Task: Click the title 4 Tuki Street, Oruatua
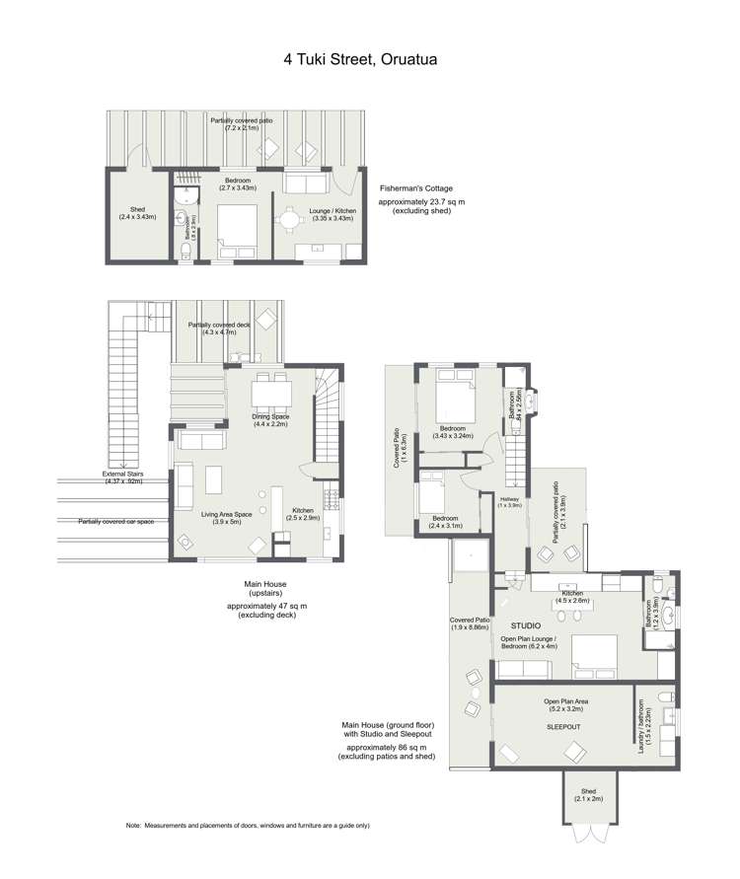click(x=370, y=59)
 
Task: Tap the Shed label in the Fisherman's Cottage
click(x=131, y=212)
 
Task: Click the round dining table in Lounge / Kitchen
click(x=288, y=220)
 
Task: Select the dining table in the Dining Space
click(x=269, y=394)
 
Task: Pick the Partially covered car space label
click(x=114, y=521)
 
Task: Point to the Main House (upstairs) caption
click(x=266, y=589)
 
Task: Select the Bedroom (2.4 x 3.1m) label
click(x=444, y=522)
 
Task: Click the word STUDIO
click(x=525, y=625)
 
